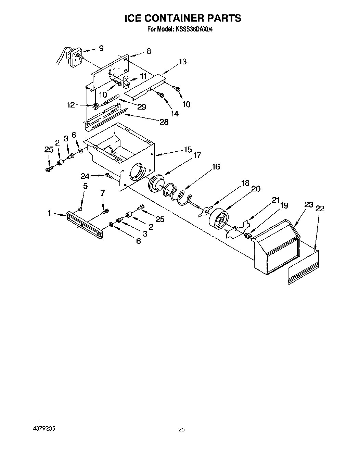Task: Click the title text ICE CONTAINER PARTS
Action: [x=182, y=18]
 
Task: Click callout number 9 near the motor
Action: [x=101, y=48]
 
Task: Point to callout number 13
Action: [x=182, y=62]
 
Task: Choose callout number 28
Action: [x=164, y=122]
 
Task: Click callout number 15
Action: [x=188, y=149]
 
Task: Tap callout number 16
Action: [x=216, y=167]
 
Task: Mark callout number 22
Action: [x=320, y=208]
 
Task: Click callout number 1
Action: [x=49, y=213]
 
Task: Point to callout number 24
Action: [x=85, y=177]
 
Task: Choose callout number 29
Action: [x=142, y=106]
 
